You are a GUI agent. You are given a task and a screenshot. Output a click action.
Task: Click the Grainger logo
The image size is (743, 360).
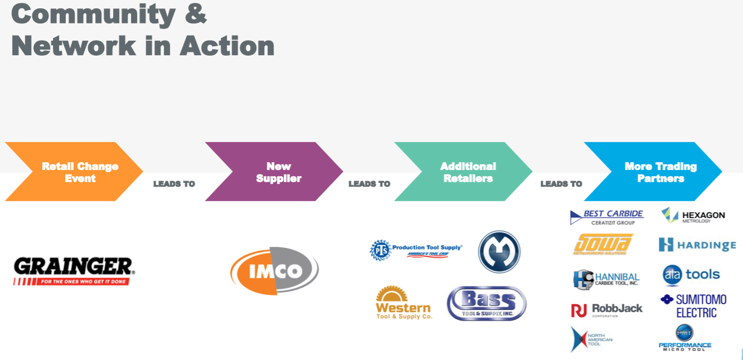tap(74, 271)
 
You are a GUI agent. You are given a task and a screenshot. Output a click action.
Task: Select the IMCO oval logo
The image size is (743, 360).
tap(274, 271)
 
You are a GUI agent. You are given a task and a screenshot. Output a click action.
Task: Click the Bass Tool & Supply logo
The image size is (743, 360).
tap(487, 303)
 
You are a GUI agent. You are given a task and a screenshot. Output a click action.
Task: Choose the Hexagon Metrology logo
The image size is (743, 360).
tap(693, 215)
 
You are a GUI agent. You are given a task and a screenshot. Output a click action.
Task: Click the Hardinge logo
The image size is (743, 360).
tap(697, 245)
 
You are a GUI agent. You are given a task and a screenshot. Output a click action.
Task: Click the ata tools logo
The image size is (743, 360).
tap(691, 275)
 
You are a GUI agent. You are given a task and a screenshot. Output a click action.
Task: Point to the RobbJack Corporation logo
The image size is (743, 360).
tap(606, 310)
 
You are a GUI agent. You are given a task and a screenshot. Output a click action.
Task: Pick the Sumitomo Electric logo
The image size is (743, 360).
tap(693, 305)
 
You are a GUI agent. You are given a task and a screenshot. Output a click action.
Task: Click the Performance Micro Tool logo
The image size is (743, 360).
tap(685, 338)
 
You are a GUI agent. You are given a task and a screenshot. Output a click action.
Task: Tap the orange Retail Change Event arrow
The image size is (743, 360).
tap(74, 172)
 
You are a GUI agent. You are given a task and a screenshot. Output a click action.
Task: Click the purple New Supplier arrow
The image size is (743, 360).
tap(274, 172)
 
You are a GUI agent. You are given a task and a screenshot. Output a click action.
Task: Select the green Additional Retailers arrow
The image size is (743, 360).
tap(463, 172)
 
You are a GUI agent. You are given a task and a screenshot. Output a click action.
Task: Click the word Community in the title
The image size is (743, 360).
tap(93, 14)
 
